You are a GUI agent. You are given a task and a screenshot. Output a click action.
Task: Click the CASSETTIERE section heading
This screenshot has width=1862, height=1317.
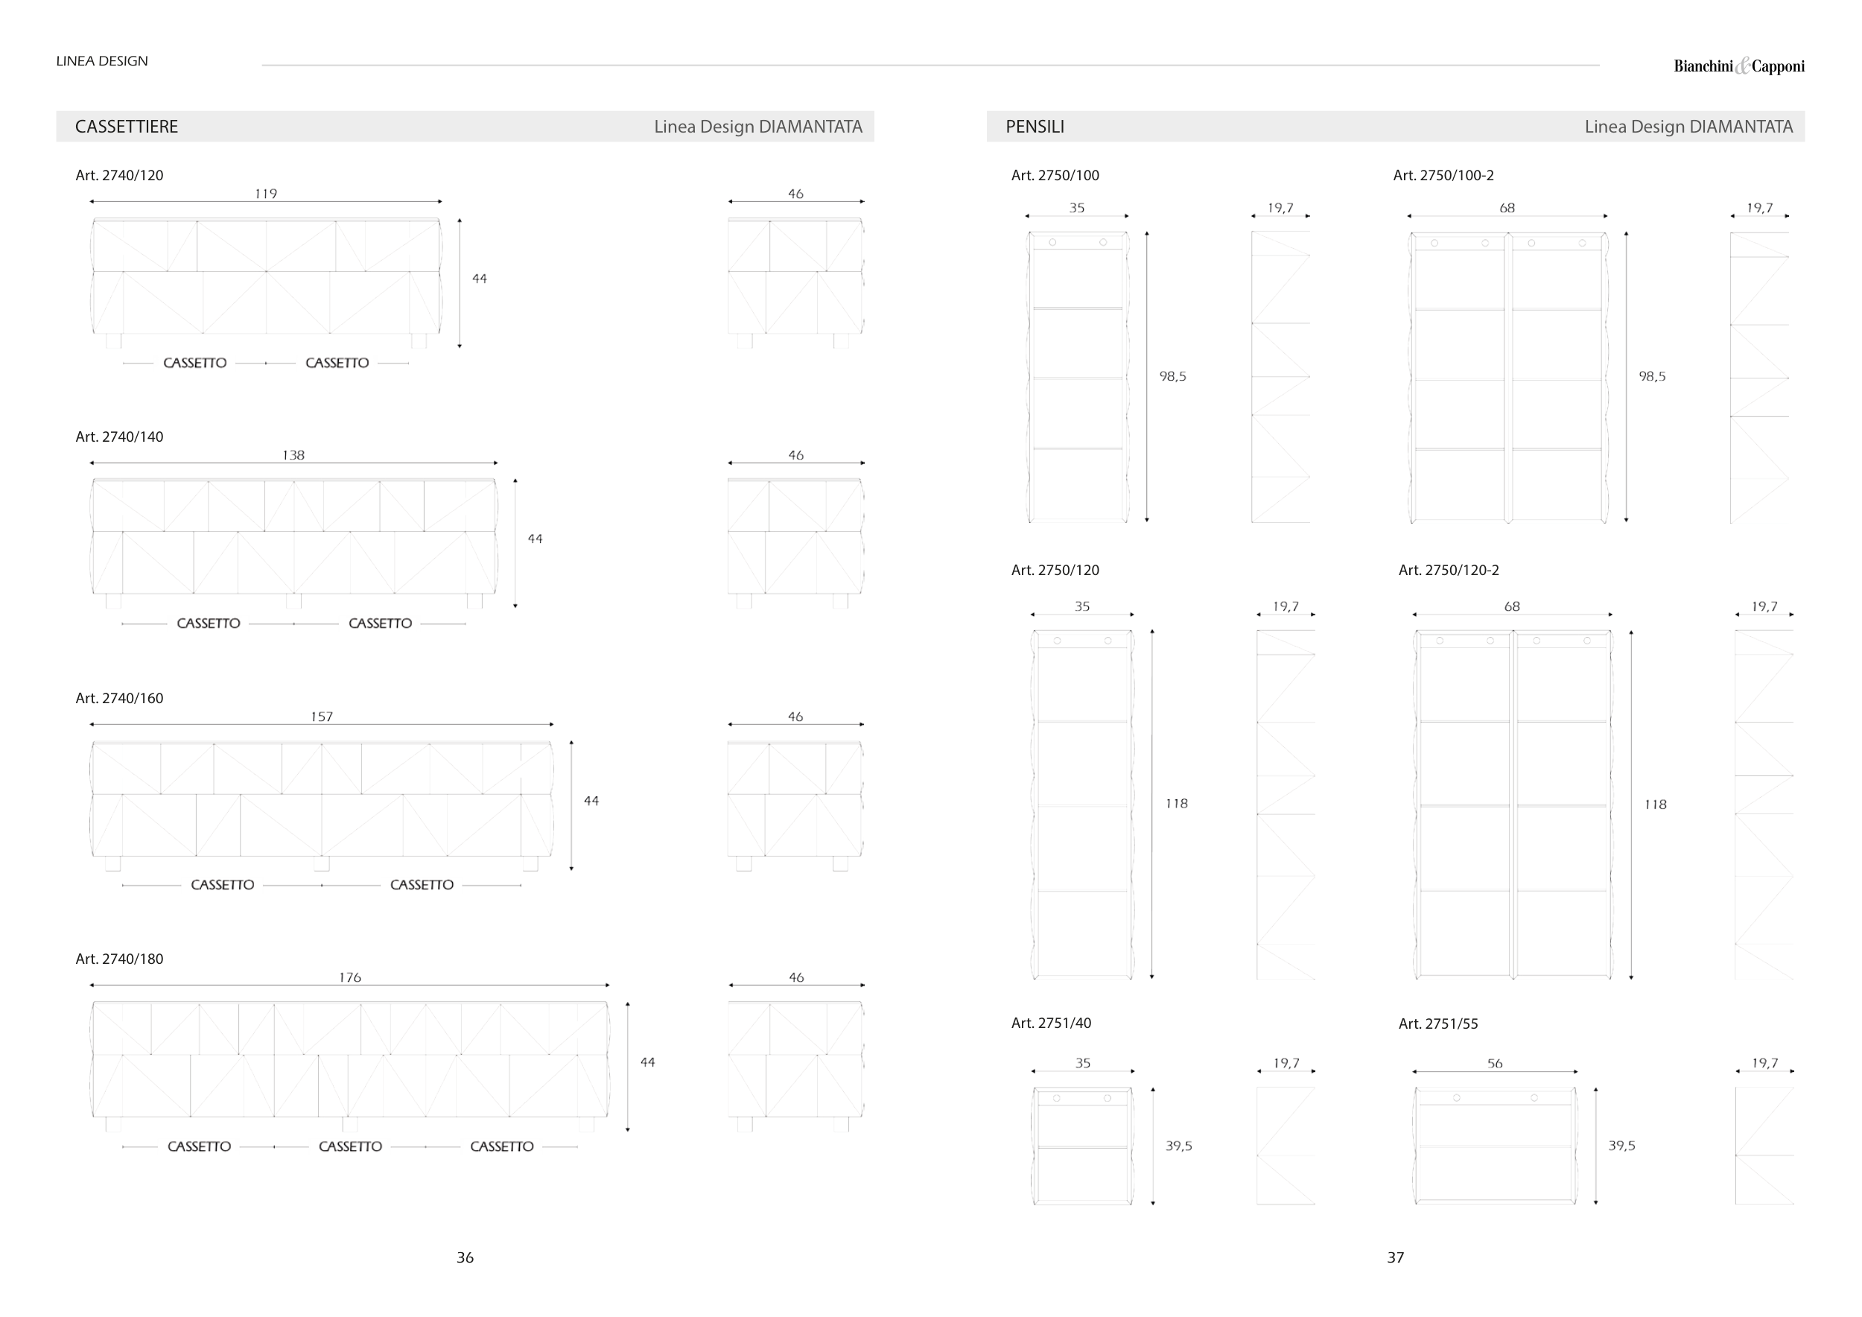coord(127,127)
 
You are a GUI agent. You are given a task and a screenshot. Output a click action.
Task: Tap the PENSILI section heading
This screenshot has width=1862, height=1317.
coord(1035,127)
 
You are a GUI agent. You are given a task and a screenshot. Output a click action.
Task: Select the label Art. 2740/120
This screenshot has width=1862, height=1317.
coord(119,175)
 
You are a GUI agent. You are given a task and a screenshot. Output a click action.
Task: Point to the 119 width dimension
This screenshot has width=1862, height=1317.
coord(266,194)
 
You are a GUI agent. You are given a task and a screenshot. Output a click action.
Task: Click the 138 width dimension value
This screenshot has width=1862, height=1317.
coord(293,456)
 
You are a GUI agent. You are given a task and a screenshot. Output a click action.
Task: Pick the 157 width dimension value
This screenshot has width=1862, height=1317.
coord(322,717)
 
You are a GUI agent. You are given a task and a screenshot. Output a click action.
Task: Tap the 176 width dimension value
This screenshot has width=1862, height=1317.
coord(350,978)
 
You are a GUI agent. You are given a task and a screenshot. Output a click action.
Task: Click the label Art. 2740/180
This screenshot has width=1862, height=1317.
coord(119,959)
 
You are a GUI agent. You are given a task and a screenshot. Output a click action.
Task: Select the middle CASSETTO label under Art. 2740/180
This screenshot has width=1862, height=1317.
coord(350,1146)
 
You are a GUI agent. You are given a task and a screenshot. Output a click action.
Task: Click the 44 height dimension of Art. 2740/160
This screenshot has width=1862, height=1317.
coord(591,802)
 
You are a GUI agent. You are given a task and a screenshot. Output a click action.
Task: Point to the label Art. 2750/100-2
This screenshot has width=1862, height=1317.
coord(1443,175)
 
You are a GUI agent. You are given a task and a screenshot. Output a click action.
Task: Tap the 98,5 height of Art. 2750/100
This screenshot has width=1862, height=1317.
coord(1172,376)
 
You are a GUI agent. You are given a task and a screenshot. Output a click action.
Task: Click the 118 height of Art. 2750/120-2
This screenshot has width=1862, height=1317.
coord(1655,805)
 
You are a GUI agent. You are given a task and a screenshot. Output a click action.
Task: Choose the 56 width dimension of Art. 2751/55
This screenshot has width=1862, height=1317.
coord(1495,1063)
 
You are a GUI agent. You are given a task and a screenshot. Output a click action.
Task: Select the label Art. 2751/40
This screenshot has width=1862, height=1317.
coord(1051,1024)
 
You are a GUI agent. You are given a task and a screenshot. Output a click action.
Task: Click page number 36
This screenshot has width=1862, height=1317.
coord(465,1258)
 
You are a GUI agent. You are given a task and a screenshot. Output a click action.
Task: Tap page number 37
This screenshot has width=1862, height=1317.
coord(1395,1258)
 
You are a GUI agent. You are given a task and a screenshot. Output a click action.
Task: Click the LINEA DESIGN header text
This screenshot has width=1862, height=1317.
coord(102,62)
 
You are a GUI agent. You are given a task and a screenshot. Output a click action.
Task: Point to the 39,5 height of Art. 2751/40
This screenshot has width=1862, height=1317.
coord(1179,1146)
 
